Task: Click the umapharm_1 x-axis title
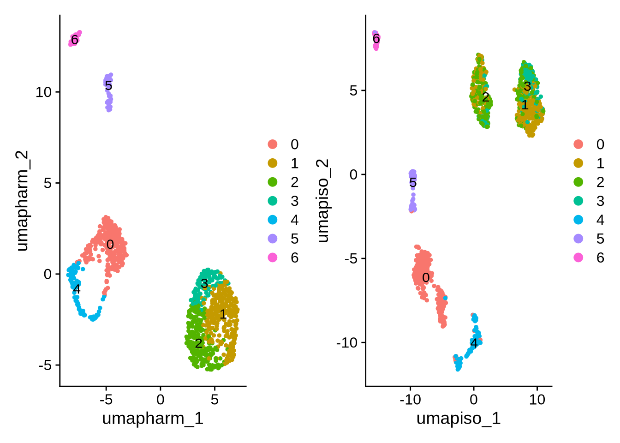click(152, 419)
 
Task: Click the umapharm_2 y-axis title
click(22, 201)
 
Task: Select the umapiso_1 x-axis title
click(458, 419)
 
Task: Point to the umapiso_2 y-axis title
click(322, 201)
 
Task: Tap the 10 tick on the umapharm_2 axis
click(44, 92)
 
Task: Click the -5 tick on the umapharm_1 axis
click(106, 400)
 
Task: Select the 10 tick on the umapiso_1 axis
click(537, 400)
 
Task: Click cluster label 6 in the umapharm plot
click(74, 40)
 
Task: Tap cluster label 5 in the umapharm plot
click(108, 85)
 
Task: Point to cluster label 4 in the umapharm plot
click(77, 289)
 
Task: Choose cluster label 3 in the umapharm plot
click(204, 283)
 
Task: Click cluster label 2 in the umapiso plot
click(485, 97)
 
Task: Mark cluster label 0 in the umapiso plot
click(426, 277)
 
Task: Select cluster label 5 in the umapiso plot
click(413, 183)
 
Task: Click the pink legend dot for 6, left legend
click(273, 257)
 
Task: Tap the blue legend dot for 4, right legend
click(578, 220)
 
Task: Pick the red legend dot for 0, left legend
click(273, 144)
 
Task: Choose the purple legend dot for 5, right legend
click(578, 239)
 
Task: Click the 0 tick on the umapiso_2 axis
click(353, 174)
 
